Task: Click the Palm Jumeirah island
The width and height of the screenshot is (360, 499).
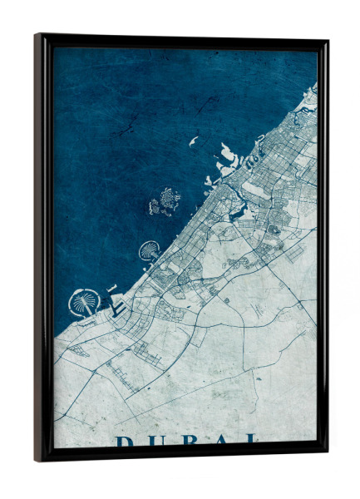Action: point(150,249)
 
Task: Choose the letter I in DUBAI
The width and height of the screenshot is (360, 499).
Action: point(252,440)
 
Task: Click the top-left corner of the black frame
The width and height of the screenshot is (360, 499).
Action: point(37,36)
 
